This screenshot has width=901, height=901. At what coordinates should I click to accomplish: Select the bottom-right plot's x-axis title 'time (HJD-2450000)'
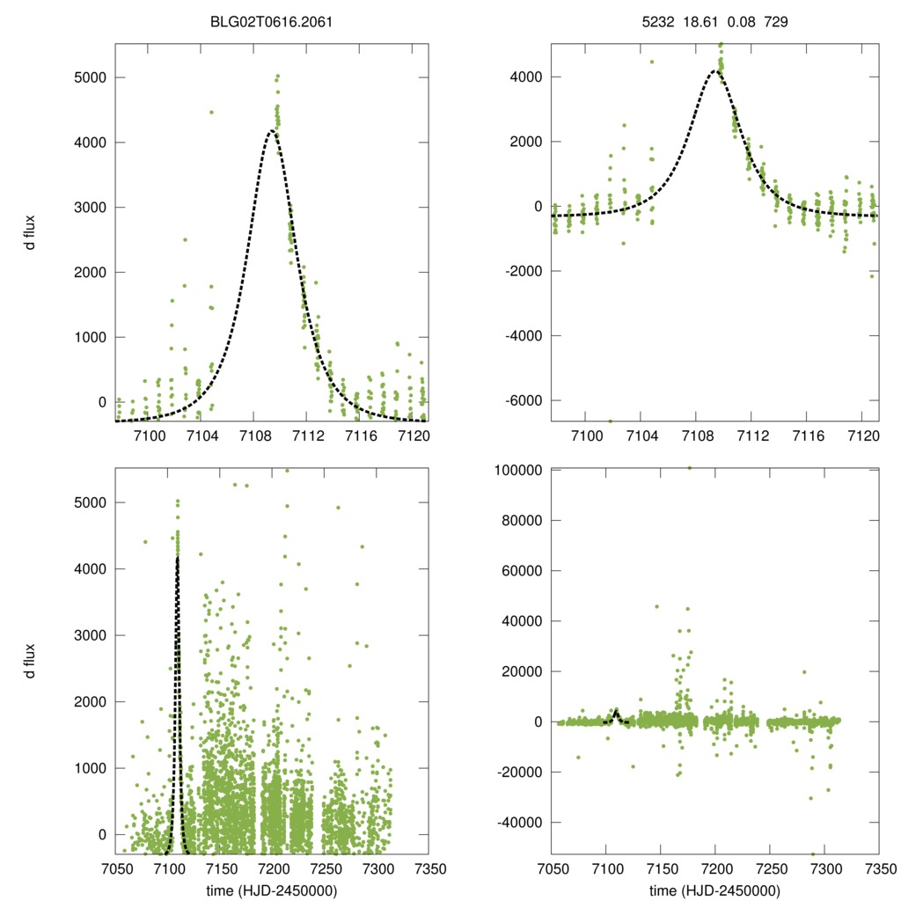click(x=715, y=890)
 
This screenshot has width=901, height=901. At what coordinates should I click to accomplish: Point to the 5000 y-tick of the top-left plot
click(x=89, y=77)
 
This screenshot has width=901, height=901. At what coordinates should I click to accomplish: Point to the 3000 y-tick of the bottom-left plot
click(x=89, y=635)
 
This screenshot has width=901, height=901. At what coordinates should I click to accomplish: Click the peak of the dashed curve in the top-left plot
click(x=273, y=131)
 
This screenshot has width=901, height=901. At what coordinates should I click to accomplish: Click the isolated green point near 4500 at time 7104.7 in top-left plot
click(x=211, y=112)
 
